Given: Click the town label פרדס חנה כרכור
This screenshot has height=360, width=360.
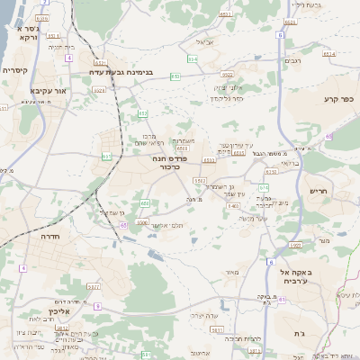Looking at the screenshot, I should click(168, 162).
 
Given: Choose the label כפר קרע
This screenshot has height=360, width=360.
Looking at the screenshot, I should click(338, 98).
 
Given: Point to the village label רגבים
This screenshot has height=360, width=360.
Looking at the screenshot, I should click(292, 60).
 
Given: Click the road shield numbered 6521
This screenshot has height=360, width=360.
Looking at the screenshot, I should click(100, 62).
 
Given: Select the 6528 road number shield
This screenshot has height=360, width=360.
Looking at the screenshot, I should click(100, 90).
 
